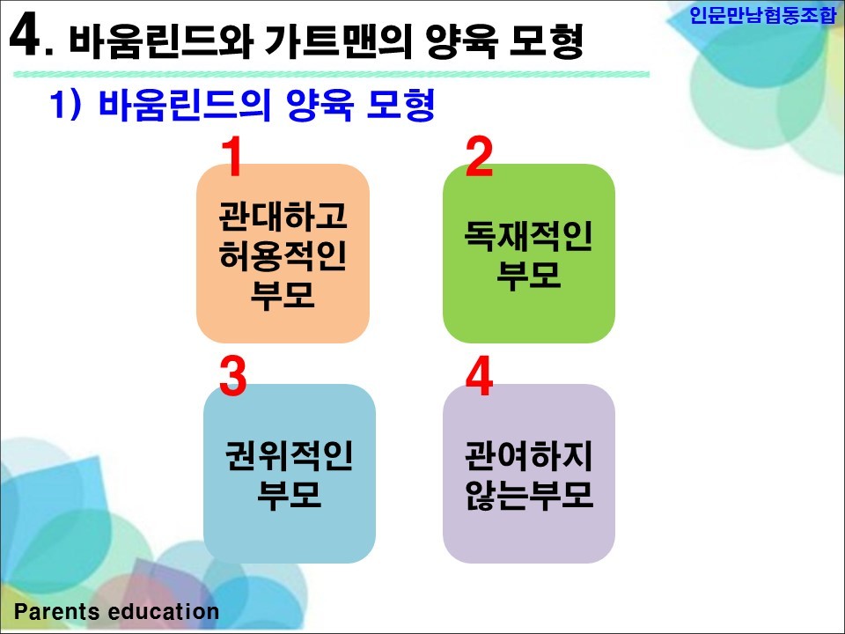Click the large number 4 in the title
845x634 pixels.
pos(26,34)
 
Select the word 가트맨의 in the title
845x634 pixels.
pos(338,41)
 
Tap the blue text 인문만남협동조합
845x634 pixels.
pos(762,15)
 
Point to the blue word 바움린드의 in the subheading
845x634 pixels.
pos(184,105)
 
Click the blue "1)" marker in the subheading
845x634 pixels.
pos(66,104)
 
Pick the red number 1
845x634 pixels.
pos(232,156)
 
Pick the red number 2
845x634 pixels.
pos(479,156)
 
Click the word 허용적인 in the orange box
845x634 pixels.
pos(283,255)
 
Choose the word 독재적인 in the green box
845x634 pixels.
pos(529,236)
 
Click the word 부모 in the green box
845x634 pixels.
pos(529,275)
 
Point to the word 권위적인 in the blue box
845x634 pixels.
pos(290,455)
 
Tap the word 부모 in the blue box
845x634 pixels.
pos(290,495)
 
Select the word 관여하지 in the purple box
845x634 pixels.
pos(529,455)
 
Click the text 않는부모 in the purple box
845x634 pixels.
pos(529,495)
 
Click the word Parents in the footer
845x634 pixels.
pos(58,612)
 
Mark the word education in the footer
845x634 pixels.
pos(164,612)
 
